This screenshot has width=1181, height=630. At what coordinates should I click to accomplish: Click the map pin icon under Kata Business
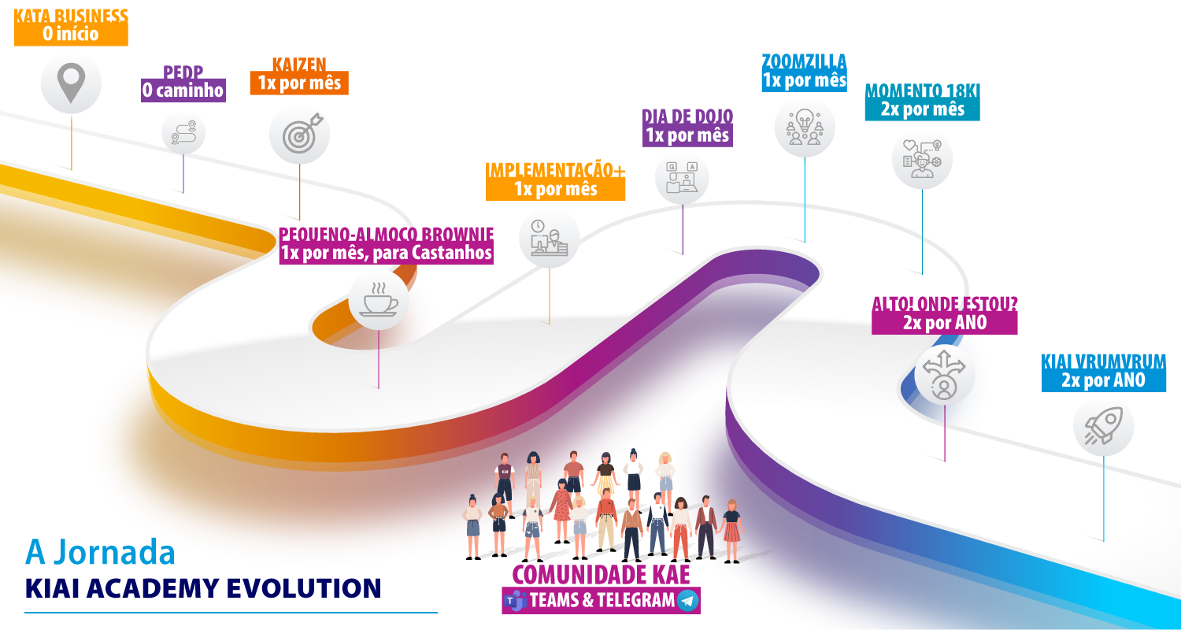point(71,83)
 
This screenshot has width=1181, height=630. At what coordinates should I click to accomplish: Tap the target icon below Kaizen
point(299,134)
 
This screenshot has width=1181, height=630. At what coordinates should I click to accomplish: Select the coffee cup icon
point(379,300)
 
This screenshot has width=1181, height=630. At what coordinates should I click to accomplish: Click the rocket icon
point(1103,426)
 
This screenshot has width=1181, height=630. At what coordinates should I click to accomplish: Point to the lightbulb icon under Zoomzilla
point(804,126)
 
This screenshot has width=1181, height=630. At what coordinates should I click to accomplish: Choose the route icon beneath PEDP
point(183,132)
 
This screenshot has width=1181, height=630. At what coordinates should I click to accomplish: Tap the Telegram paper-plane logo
point(687,601)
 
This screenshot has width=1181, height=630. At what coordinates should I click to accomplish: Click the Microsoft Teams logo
point(516,601)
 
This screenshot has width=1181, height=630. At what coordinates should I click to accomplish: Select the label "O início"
point(71,35)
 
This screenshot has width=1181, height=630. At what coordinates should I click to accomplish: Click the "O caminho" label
point(183,91)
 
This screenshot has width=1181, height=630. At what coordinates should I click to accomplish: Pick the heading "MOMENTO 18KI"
point(922,91)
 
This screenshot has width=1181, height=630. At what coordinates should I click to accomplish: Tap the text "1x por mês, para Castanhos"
point(386,254)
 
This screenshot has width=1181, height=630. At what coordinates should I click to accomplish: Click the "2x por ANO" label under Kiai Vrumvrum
point(1102,380)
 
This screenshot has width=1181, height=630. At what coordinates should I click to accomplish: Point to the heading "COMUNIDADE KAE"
point(601,574)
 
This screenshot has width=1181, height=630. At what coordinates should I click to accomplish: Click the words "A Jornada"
point(100,552)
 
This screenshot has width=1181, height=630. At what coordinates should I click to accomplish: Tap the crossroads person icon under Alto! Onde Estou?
point(944,375)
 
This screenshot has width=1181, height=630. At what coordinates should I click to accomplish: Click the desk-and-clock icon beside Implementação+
point(549,238)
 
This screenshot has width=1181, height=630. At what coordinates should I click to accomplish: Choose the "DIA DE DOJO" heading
point(687,117)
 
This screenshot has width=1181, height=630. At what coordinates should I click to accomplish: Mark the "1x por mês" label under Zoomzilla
point(804,80)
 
